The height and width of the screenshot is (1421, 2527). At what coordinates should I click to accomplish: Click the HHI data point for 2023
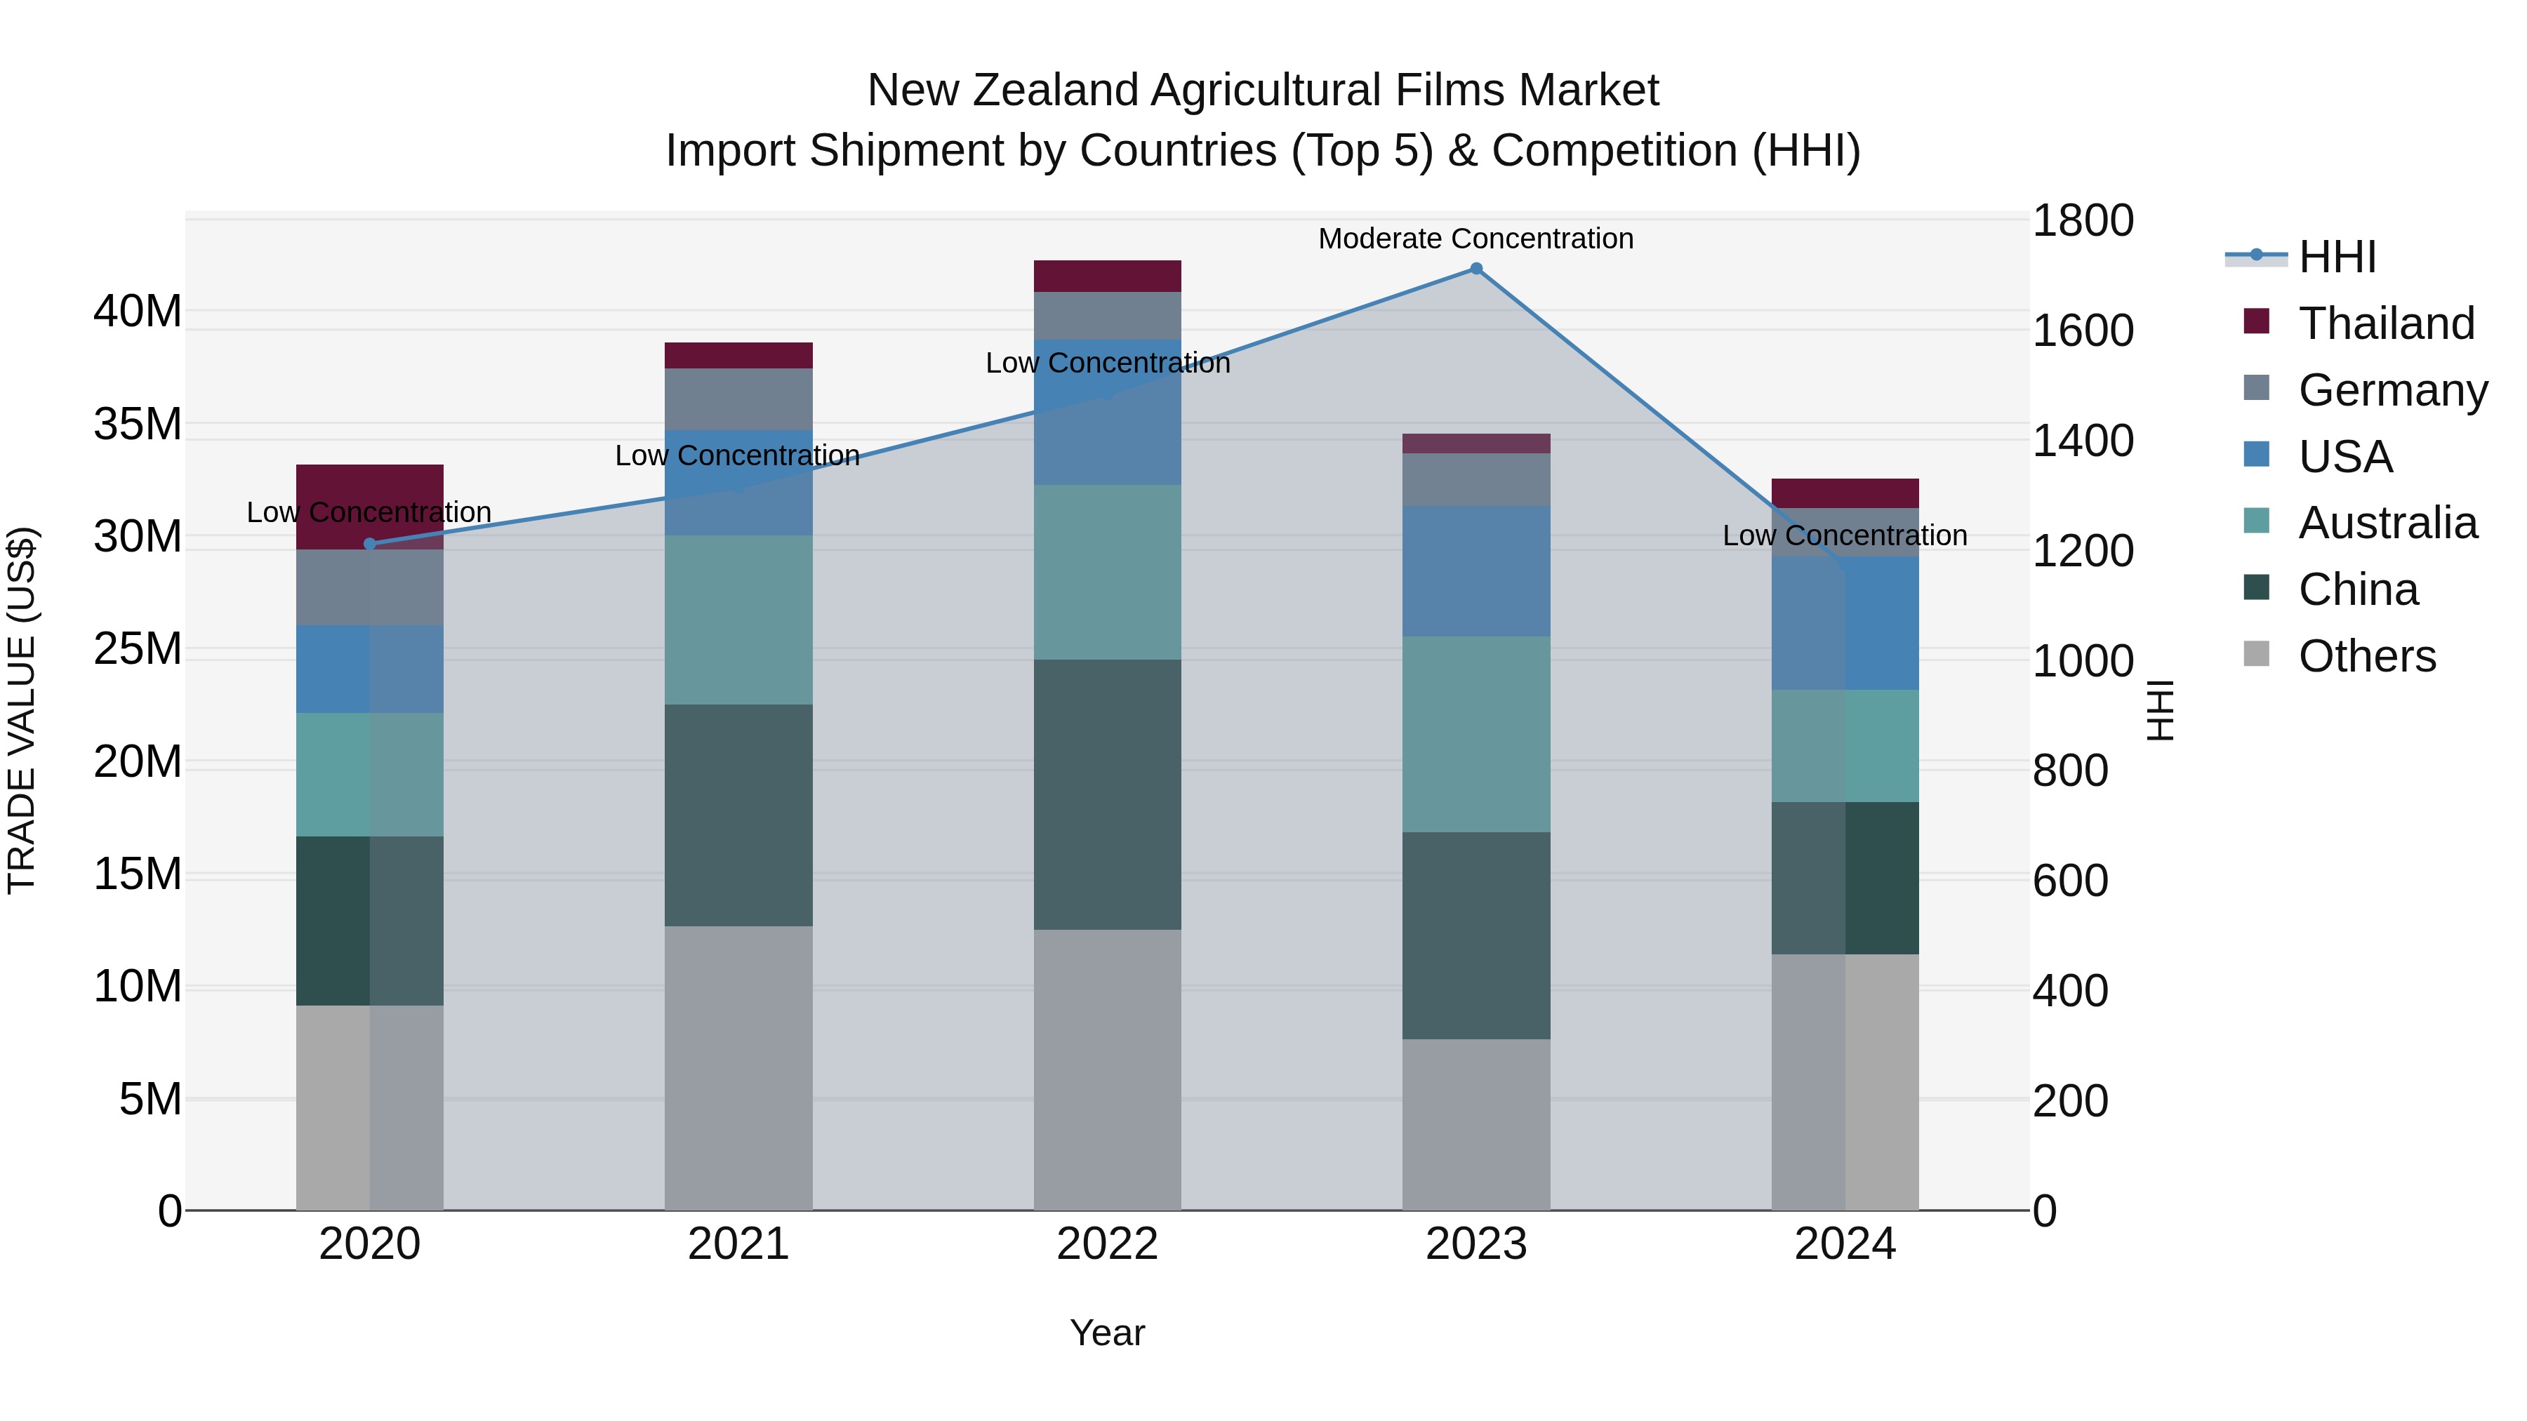coord(1475,269)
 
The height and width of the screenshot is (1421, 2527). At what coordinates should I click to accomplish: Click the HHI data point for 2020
coord(370,545)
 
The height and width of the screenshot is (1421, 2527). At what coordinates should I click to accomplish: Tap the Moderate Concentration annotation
coord(1475,239)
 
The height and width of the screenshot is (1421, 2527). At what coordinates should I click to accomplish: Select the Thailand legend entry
coord(2386,323)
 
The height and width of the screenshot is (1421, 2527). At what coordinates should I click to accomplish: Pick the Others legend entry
coord(2366,656)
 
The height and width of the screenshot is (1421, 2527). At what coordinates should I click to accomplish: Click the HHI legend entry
coord(2337,257)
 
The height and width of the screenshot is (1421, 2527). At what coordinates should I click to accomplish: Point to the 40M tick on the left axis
coord(138,312)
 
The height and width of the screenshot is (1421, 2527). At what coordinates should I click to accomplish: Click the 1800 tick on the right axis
coord(2082,220)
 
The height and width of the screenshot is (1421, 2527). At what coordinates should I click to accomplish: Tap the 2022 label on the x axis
coord(1108,1244)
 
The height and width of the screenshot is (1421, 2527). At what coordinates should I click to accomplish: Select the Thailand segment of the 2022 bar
coord(1108,276)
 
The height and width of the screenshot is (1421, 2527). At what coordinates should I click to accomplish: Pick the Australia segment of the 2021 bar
coord(738,620)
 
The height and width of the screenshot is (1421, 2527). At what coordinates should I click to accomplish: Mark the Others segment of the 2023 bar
coord(1475,1124)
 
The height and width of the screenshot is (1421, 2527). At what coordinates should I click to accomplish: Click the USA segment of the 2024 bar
coord(1845,624)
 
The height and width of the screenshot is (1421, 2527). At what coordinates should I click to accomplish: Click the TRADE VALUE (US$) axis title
coord(22,710)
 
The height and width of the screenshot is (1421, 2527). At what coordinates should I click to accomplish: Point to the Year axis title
coord(1108,1333)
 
